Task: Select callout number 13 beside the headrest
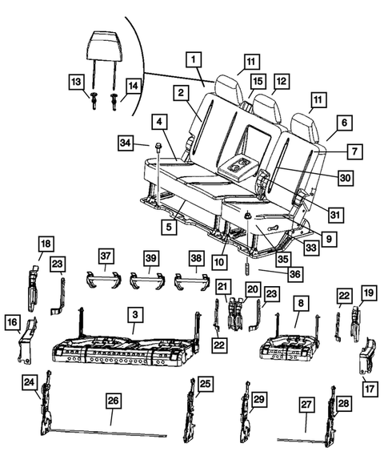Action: tap(75, 83)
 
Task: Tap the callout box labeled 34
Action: tap(125, 143)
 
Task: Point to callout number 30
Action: tap(344, 178)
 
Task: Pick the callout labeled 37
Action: tap(106, 256)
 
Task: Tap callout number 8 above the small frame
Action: tap(299, 305)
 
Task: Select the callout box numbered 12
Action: tap(280, 81)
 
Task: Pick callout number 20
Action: tap(252, 289)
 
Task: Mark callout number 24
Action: tap(29, 383)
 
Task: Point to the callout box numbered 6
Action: tap(345, 123)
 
